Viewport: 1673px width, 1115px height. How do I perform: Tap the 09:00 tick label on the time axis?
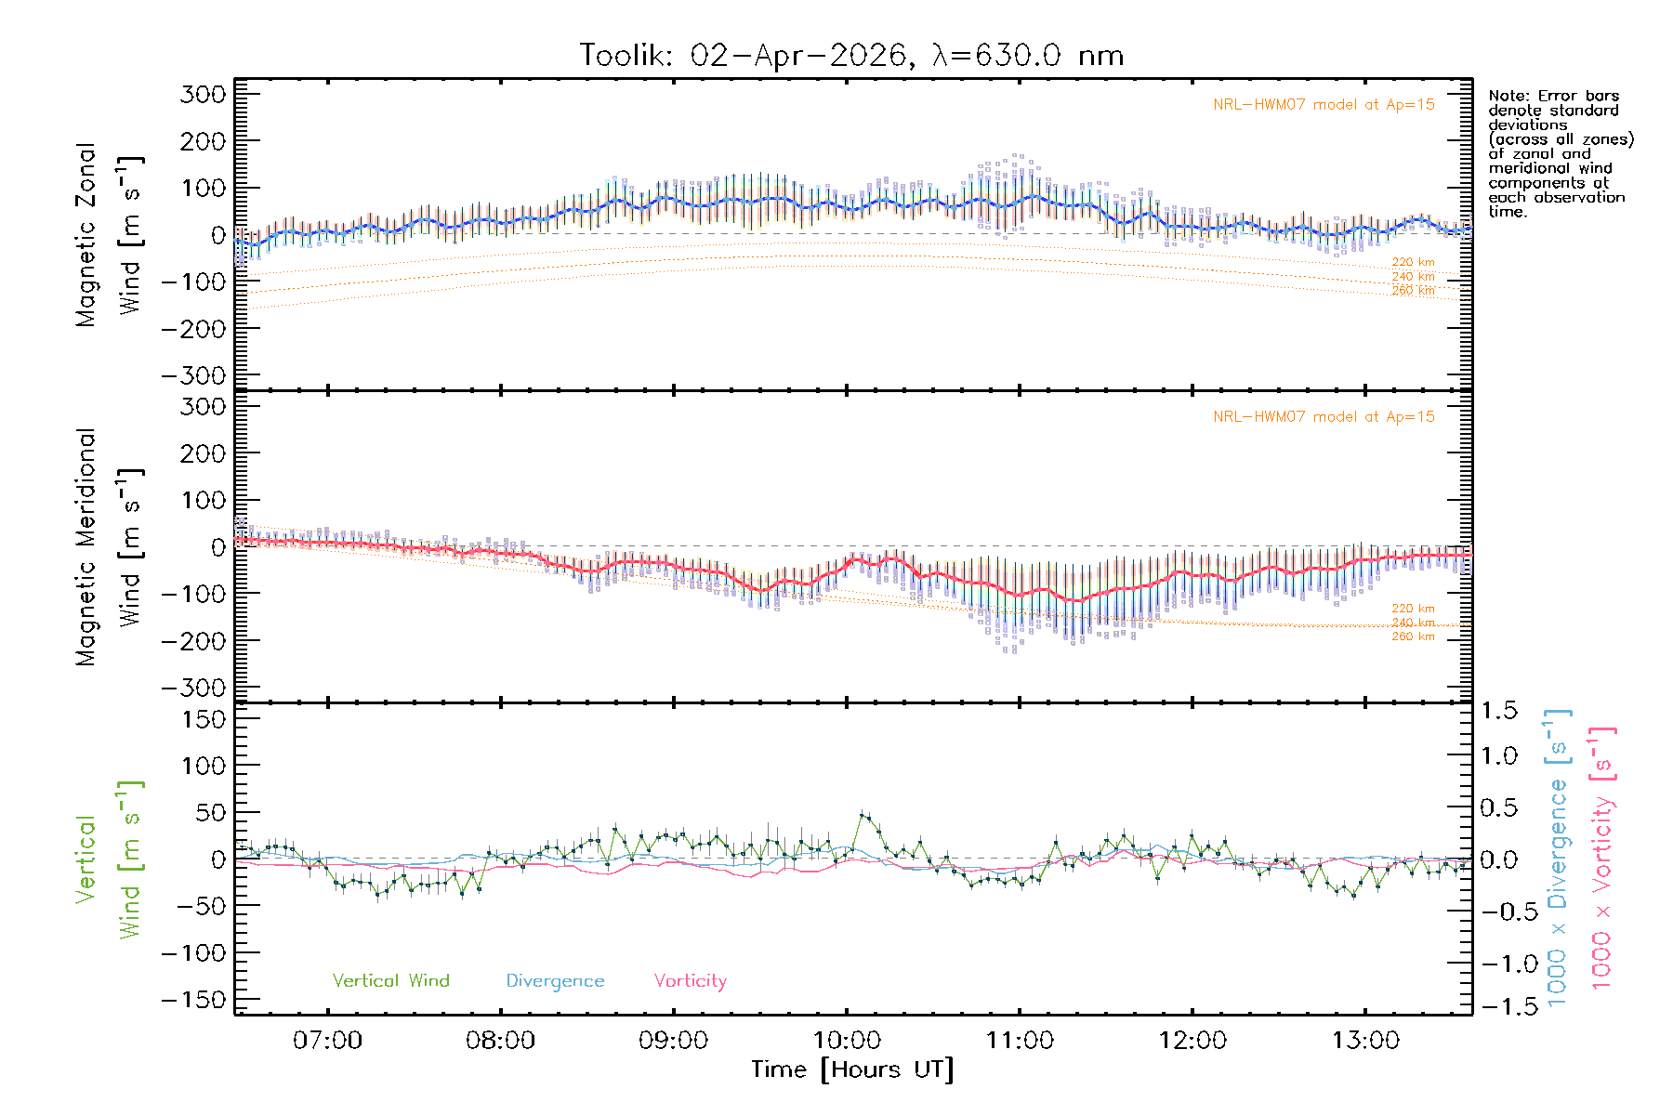click(x=673, y=1040)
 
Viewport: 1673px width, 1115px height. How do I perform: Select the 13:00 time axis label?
click(x=1365, y=1040)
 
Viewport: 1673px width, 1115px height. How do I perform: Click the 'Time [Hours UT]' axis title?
click(x=852, y=1069)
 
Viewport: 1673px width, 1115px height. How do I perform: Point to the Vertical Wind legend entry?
click(x=390, y=980)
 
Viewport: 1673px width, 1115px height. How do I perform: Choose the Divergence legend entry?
click(x=555, y=980)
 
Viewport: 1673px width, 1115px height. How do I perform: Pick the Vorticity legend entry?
click(x=690, y=980)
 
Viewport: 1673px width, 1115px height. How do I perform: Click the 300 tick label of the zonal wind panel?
click(x=203, y=94)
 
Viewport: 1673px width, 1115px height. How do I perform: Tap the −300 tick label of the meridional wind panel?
click(x=193, y=688)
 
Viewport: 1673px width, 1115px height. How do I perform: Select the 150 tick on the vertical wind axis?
click(x=203, y=719)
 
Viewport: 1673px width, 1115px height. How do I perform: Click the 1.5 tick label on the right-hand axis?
click(x=1498, y=711)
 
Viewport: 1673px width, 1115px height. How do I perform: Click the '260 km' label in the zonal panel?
click(x=1413, y=291)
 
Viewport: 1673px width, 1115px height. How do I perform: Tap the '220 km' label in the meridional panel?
click(x=1413, y=609)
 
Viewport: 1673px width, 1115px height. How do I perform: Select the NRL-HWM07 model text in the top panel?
click(x=1324, y=105)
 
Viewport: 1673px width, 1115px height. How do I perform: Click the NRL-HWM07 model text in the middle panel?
click(x=1324, y=417)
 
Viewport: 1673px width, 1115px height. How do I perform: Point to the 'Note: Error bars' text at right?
click(x=1553, y=96)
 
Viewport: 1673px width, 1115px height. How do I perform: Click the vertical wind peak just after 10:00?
click(x=863, y=815)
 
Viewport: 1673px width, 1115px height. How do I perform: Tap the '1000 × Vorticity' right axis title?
click(x=1601, y=858)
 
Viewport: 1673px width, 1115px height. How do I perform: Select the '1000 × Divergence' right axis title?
click(x=1558, y=858)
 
